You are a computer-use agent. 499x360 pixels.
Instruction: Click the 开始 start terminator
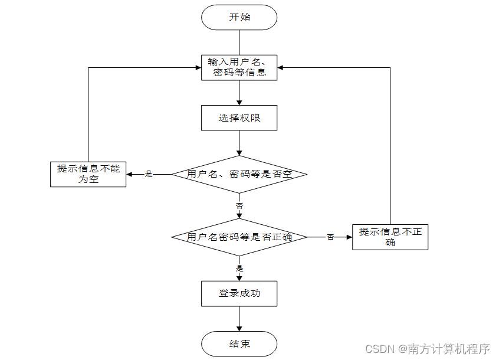[239, 17]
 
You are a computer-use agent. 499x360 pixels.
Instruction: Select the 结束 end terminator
[239, 343]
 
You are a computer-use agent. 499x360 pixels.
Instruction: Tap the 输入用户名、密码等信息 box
[239, 67]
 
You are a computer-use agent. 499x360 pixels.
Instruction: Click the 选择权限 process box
[239, 117]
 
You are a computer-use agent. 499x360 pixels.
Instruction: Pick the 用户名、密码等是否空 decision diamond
[239, 174]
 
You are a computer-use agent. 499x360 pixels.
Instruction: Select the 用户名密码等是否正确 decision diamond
[239, 237]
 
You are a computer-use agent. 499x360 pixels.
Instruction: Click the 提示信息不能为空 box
[88, 174]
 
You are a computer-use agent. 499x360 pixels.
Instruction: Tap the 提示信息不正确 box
[390, 237]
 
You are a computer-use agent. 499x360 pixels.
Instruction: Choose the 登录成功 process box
[239, 293]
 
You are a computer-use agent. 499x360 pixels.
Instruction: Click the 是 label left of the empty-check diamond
[149, 174]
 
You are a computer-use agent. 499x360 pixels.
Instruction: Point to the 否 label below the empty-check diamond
[239, 206]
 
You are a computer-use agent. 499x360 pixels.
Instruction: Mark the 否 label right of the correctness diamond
[330, 237]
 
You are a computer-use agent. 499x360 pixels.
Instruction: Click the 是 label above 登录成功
[239, 268]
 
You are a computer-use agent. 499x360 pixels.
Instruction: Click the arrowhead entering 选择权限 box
[239, 102]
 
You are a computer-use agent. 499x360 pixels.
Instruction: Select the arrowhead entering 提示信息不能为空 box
[130, 174]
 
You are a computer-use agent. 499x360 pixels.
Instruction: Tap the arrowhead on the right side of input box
[281, 67]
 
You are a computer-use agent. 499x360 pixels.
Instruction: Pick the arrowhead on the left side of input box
[198, 67]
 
